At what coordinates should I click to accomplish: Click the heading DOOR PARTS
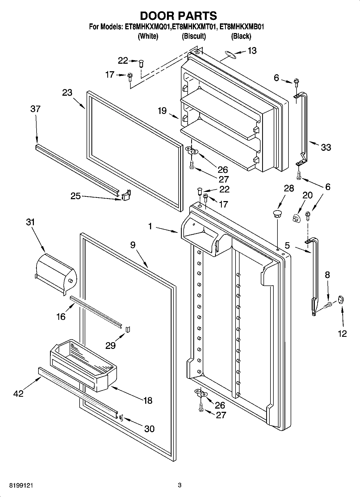click(x=178, y=16)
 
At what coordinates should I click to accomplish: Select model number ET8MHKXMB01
click(x=241, y=27)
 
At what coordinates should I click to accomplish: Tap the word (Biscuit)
click(x=194, y=36)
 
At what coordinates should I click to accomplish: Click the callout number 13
click(x=252, y=51)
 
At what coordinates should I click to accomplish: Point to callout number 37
click(x=35, y=109)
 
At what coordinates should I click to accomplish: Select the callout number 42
click(x=19, y=394)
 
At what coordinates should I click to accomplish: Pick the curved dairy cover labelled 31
click(x=56, y=273)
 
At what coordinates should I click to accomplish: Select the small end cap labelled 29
click(x=128, y=329)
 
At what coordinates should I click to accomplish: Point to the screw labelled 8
click(x=328, y=305)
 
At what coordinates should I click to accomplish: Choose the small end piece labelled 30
click(x=121, y=417)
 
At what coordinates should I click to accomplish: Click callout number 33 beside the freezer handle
click(x=326, y=147)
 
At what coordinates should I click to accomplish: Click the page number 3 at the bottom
click(x=180, y=485)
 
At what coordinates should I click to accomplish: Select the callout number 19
click(x=162, y=111)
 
